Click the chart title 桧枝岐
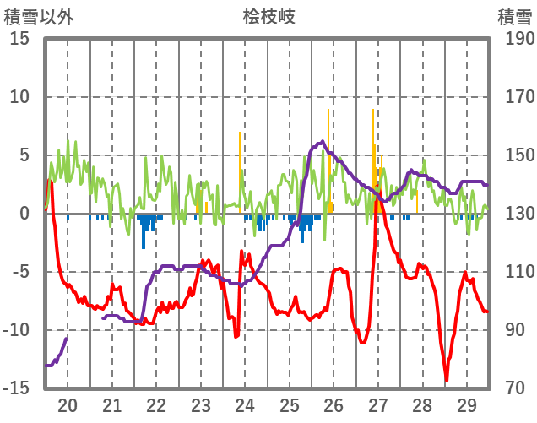coord(268,16)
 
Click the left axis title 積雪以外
coord(39,16)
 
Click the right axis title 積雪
coord(514,16)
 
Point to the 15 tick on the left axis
coord(19,39)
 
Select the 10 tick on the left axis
coord(19,97)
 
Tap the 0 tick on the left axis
coord(24,214)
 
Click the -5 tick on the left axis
coord(19,272)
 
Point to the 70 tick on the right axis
coord(515,388)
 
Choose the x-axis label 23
coord(200,404)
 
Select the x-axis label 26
coord(333,404)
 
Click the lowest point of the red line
coord(447,381)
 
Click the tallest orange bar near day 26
coord(328,110)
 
